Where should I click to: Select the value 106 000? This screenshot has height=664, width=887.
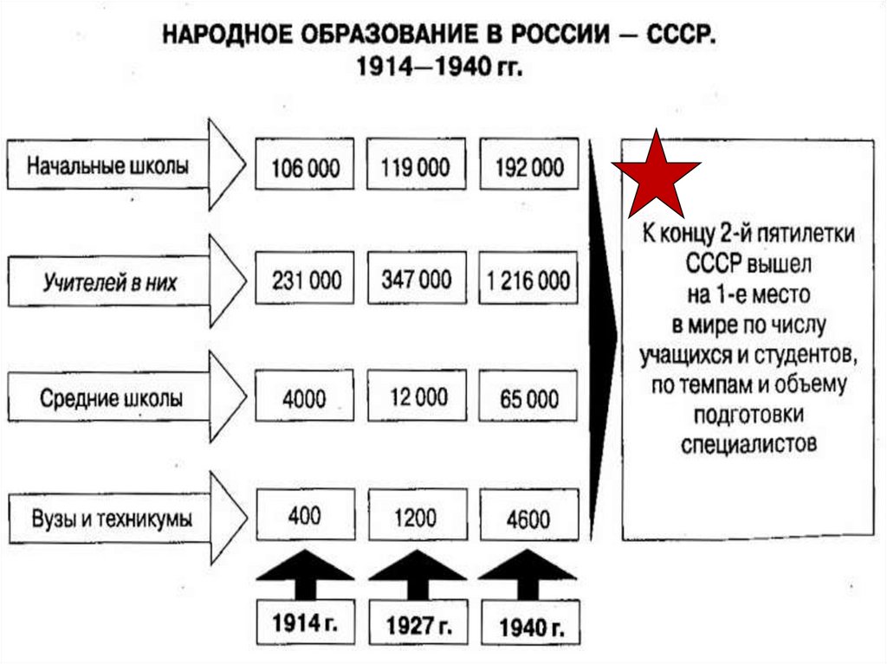click(x=305, y=166)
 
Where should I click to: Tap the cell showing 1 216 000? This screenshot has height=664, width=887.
click(x=528, y=280)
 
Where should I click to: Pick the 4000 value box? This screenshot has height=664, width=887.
click(x=305, y=398)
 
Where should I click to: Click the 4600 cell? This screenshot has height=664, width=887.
click(x=528, y=519)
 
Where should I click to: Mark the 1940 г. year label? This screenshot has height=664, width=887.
click(x=528, y=625)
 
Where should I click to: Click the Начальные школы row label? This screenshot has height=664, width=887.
click(x=107, y=164)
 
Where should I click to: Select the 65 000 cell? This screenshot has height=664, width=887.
click(x=528, y=399)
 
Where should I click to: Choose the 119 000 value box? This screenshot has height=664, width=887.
click(x=416, y=166)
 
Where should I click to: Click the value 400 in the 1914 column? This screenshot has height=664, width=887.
click(x=305, y=517)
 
